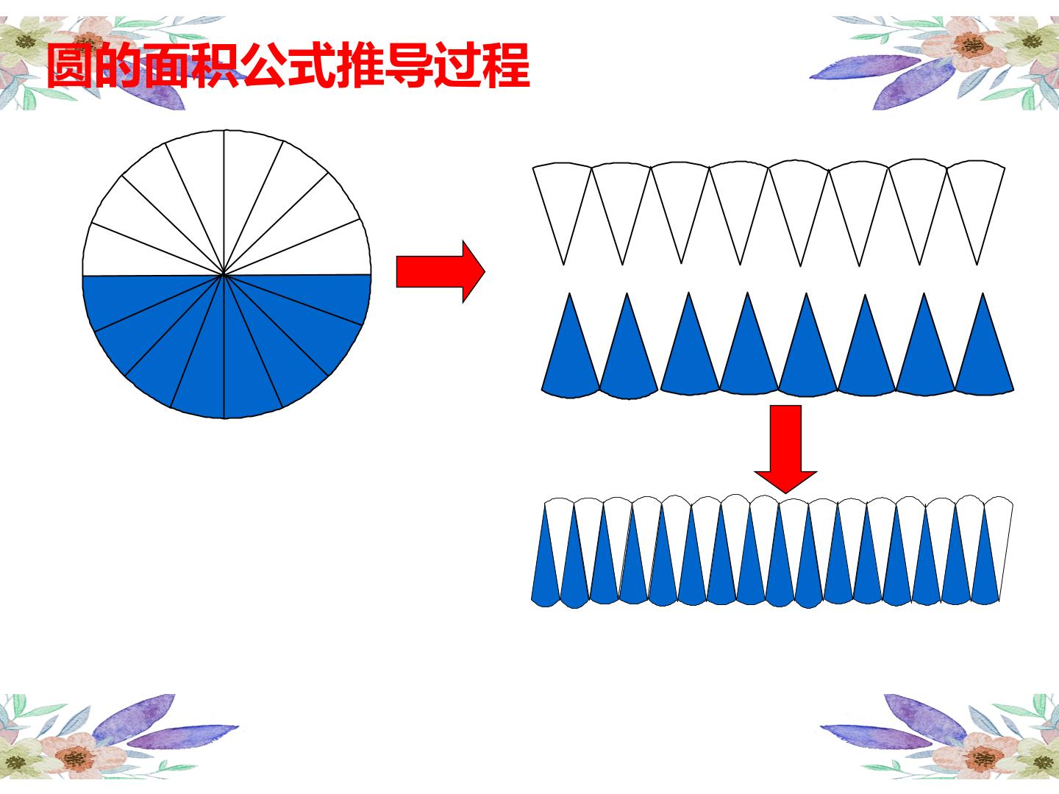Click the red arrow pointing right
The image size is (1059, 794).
tap(440, 272)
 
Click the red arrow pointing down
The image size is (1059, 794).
tap(785, 448)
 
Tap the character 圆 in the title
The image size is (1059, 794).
tap(70, 66)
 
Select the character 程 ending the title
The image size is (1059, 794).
tap(506, 66)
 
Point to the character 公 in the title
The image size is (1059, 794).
tap(264, 66)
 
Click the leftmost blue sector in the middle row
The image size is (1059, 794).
tap(570, 352)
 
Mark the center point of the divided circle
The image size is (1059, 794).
tap(224, 274)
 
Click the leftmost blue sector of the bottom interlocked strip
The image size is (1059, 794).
tap(546, 564)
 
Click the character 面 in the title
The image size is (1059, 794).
tap(167, 66)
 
